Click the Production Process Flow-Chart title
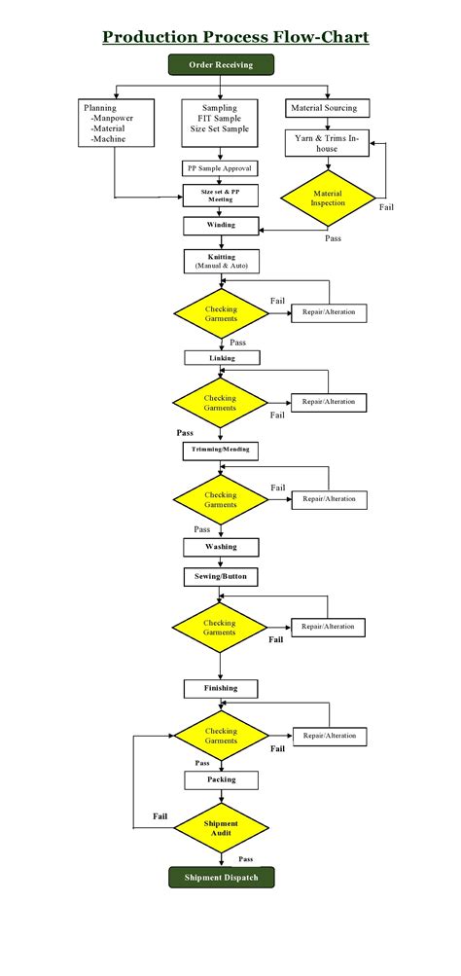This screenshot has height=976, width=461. [235, 38]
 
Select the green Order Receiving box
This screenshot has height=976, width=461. [221, 65]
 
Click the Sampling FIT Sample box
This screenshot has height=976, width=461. [226, 120]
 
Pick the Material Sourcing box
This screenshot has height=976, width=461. [322, 107]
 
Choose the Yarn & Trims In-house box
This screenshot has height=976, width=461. [328, 143]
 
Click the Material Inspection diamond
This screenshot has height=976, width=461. [327, 199]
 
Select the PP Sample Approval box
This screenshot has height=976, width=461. [220, 168]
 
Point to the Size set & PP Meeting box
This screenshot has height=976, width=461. [221, 196]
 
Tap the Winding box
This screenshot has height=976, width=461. [221, 226]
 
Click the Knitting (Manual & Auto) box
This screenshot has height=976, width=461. [221, 261]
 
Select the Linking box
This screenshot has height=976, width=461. [221, 357]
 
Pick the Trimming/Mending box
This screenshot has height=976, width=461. [221, 451]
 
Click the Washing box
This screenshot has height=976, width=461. [221, 547]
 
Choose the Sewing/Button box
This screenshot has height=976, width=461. [221, 576]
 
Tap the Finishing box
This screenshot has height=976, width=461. [221, 688]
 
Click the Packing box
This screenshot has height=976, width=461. [221, 779]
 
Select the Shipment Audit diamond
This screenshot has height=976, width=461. [221, 828]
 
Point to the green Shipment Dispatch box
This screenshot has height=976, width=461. [221, 878]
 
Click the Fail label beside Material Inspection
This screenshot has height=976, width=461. [386, 207]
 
